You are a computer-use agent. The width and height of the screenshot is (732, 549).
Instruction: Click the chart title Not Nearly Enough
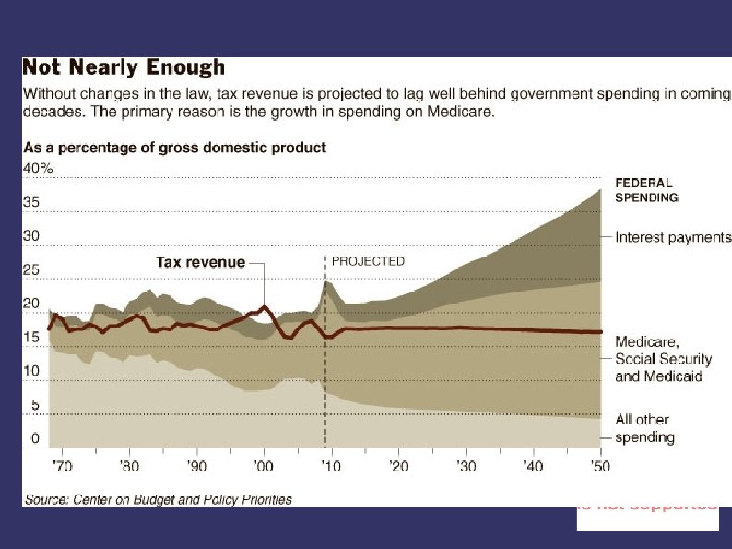pyautogui.click(x=123, y=67)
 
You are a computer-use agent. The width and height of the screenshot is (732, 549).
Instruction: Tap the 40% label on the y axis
pyautogui.click(x=38, y=168)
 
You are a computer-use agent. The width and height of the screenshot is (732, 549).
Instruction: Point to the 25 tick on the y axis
pyautogui.click(x=30, y=270)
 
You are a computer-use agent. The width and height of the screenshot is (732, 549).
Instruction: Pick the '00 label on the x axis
pyautogui.click(x=263, y=466)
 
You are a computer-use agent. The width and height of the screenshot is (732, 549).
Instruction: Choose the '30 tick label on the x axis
pyautogui.click(x=466, y=466)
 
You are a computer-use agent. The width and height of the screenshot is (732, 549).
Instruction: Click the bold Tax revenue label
pyautogui.click(x=200, y=262)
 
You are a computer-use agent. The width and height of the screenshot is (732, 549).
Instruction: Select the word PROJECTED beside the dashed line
pyautogui.click(x=368, y=261)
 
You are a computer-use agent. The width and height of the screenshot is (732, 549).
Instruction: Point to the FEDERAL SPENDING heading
pyautogui.click(x=646, y=190)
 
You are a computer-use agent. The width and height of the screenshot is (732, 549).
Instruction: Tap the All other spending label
pyautogui.click(x=645, y=429)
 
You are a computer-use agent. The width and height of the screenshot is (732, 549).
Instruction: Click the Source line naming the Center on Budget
pyautogui.click(x=157, y=499)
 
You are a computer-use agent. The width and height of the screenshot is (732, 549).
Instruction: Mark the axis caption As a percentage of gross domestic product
pyautogui.click(x=173, y=148)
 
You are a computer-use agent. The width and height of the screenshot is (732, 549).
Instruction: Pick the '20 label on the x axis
pyautogui.click(x=398, y=466)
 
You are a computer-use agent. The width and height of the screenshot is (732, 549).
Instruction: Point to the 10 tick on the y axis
pyautogui.click(x=30, y=371)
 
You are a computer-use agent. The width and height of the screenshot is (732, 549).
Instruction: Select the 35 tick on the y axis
pyautogui.click(x=30, y=202)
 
